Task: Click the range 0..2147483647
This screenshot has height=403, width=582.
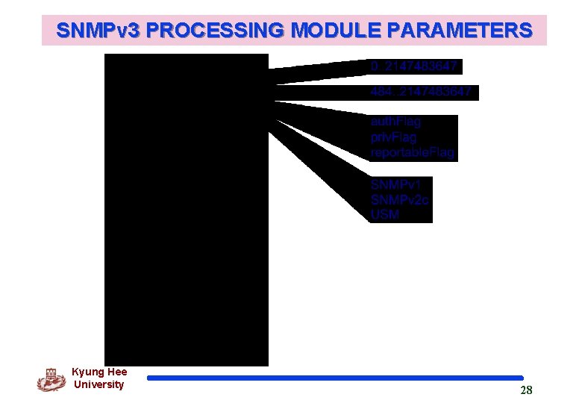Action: point(414,67)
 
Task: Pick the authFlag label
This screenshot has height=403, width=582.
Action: point(395,122)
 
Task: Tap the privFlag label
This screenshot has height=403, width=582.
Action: point(393,137)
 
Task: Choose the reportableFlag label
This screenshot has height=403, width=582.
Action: point(412,153)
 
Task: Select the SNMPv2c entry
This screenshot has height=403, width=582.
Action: point(400,199)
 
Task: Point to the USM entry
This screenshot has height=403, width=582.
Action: point(385,215)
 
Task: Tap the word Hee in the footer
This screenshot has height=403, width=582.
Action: point(117,372)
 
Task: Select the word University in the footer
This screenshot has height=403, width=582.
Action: point(98,384)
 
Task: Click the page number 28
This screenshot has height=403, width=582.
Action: point(526,390)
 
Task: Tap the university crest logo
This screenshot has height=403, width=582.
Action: point(51,379)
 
